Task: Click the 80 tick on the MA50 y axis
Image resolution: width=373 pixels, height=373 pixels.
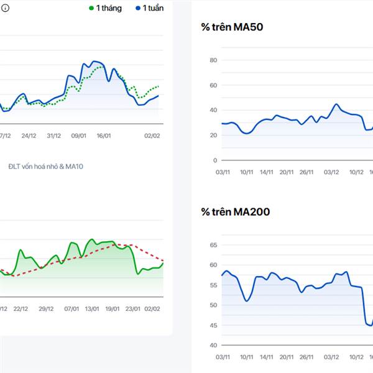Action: click(x=213, y=60)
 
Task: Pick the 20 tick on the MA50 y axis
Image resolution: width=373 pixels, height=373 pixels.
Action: click(x=213, y=136)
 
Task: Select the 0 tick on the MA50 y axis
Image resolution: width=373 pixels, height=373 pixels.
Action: click(x=214, y=160)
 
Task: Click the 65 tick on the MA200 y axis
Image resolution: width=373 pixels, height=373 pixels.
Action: click(x=213, y=246)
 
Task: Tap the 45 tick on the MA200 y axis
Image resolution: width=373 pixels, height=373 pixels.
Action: click(x=213, y=325)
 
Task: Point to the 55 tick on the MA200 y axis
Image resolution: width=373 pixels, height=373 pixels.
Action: click(x=213, y=285)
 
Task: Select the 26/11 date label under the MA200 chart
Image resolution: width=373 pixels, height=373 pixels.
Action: click(x=306, y=357)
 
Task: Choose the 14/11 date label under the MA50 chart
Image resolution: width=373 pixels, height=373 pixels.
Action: click(x=267, y=172)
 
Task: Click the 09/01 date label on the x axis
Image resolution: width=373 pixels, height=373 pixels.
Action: click(x=79, y=136)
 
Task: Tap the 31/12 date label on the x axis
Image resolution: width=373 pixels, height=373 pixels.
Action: click(x=54, y=136)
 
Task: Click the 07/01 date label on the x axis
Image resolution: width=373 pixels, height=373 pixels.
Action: click(x=72, y=308)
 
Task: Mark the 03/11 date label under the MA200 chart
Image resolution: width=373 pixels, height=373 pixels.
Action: click(x=223, y=357)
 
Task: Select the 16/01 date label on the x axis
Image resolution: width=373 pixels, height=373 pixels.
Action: click(x=103, y=136)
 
